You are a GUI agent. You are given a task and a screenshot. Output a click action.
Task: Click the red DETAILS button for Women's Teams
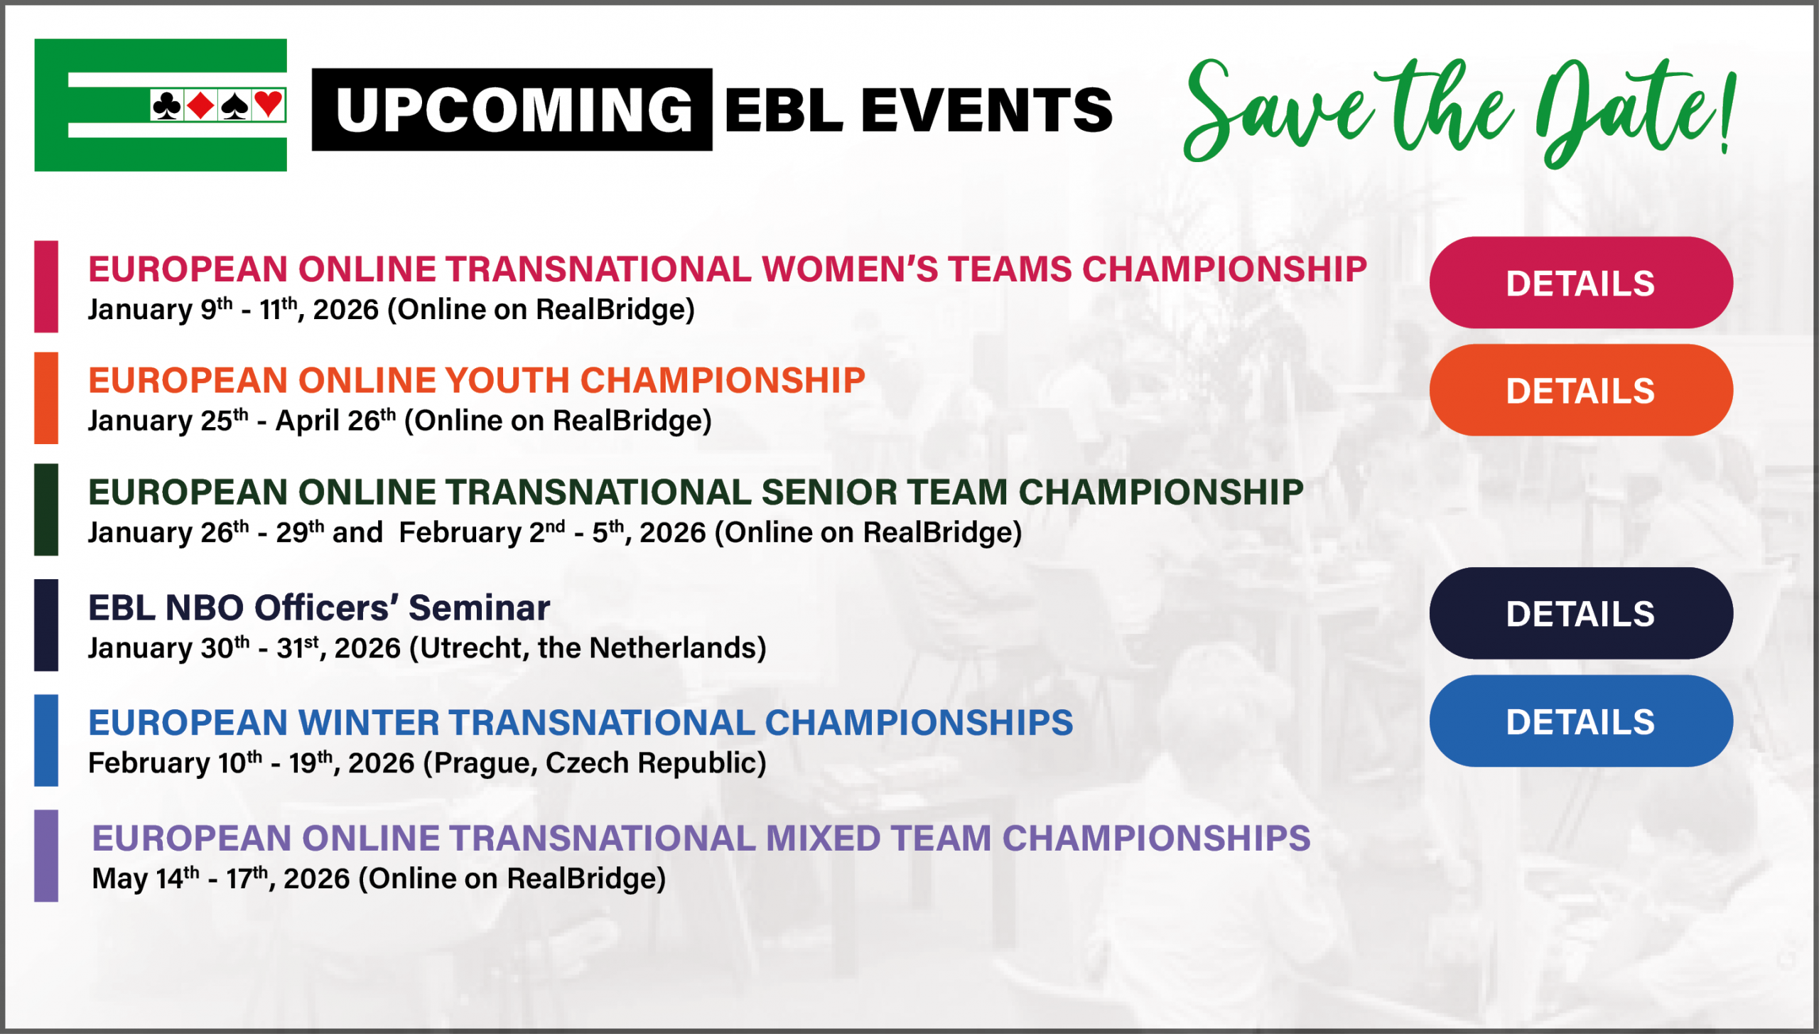(1580, 283)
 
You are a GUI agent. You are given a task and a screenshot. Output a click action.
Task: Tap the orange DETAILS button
(1580, 390)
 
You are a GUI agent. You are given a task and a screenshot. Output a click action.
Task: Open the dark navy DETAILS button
(1580, 613)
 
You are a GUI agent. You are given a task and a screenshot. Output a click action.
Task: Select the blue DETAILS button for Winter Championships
(1580, 721)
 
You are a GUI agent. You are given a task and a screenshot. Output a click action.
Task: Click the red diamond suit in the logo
(201, 105)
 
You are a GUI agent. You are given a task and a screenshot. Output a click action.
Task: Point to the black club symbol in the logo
(167, 105)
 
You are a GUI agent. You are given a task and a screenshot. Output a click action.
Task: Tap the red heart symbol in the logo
(269, 104)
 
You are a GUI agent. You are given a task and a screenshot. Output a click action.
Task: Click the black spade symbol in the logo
(234, 105)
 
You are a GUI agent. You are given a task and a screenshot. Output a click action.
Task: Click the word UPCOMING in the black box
(514, 110)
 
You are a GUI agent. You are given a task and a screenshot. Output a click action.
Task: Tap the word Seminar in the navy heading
(479, 608)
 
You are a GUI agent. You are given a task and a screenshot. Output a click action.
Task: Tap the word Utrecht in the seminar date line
(471, 648)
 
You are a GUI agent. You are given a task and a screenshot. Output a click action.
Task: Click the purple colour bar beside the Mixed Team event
(46, 856)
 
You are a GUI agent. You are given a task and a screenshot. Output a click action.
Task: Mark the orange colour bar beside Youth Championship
(46, 398)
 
